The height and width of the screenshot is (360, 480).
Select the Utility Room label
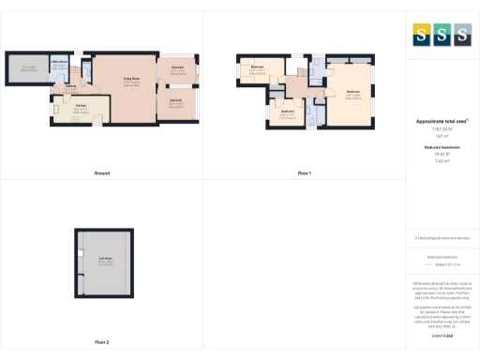pos(57,63)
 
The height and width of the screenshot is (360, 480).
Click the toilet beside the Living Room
pos(87,67)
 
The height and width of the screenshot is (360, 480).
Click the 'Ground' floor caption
pos(102,173)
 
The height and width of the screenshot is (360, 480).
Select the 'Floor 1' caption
pos(304,173)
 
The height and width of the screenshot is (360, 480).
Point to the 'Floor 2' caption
pos(101,342)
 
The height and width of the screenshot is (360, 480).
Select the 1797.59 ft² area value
pos(442,129)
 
